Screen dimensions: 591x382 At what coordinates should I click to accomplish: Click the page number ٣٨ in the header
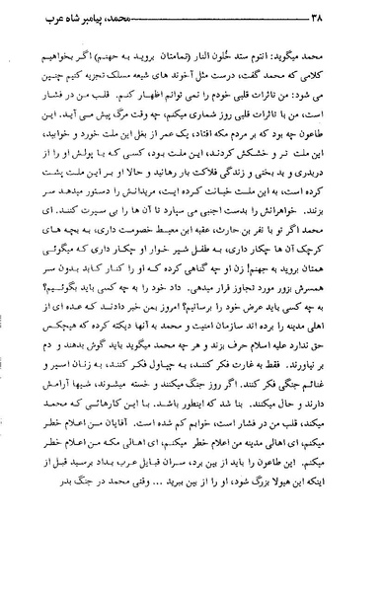pyautogui.click(x=31, y=20)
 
